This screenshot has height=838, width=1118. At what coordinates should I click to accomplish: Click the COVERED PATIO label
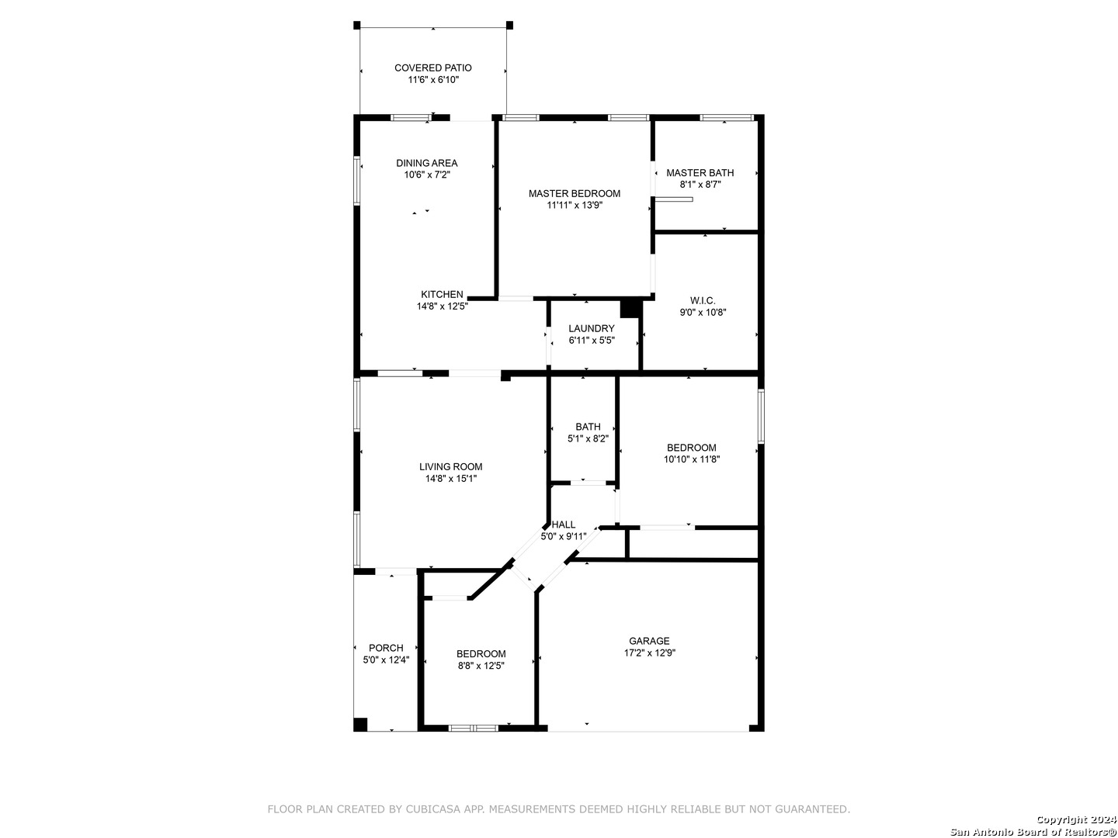433,68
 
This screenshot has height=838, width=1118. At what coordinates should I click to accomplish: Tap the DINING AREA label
427,163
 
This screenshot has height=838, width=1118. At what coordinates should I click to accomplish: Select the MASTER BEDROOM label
575,193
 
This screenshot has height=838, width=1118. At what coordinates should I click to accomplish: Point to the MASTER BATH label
700,172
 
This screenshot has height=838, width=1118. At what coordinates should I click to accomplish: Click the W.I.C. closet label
703,301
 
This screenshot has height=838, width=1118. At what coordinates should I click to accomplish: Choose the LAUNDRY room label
592,328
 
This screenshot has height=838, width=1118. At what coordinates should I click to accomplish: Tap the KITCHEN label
442,294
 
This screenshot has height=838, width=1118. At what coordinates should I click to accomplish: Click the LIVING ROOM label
451,466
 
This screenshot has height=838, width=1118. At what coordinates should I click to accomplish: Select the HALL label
564,525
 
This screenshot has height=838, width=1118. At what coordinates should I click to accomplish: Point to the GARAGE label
649,641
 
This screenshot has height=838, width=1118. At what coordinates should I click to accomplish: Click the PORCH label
386,648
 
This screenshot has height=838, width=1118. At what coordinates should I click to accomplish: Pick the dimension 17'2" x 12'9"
650,653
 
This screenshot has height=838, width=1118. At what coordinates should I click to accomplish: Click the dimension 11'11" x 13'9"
575,205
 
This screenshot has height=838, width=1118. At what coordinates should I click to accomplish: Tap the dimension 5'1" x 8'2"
589,438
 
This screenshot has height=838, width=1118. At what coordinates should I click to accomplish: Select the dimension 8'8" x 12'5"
481,666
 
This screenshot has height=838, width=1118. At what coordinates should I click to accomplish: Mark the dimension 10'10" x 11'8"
692,459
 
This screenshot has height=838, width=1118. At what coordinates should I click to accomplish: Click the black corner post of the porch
360,725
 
